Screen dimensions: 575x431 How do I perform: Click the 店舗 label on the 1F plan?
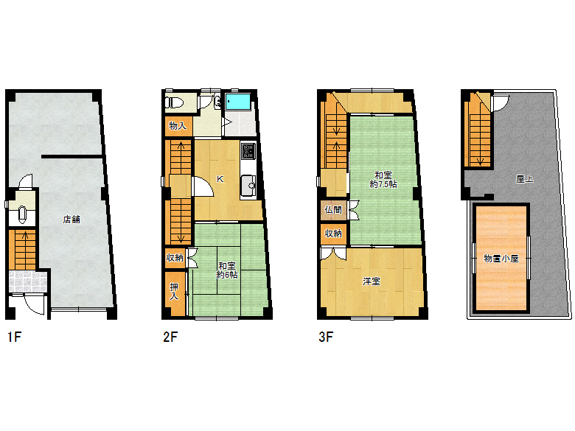[72, 219]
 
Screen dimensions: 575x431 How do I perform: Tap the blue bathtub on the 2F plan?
[238, 102]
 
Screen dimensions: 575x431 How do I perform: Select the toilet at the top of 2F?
[174, 102]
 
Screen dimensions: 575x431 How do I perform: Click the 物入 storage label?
[178, 126]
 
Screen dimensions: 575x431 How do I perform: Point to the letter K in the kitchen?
[220, 179]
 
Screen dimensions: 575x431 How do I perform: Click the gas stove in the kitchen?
[248, 151]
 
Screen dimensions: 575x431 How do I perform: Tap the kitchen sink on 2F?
[248, 186]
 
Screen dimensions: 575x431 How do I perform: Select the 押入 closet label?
[174, 291]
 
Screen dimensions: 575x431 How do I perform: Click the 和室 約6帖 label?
[227, 270]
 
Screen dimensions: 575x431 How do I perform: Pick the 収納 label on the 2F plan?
[175, 258]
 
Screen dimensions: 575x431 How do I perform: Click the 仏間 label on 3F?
[333, 210]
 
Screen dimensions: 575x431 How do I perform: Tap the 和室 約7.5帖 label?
[383, 180]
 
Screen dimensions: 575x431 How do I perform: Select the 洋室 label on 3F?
[372, 281]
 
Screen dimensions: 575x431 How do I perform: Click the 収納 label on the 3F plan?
[333, 233]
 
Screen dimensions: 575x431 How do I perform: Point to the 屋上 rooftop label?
[524, 179]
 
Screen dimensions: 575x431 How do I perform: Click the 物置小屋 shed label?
[501, 259]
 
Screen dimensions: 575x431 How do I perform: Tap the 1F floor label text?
[15, 337]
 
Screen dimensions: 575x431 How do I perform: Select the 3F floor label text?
[326, 337]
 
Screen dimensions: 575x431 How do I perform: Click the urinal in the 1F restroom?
[22, 214]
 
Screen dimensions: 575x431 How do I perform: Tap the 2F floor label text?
[170, 337]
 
